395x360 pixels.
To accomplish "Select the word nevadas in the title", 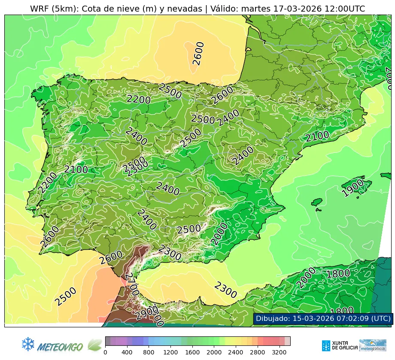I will coord(185,9).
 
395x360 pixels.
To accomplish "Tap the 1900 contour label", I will coord(352,188).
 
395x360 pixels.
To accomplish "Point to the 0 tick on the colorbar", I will coord(105,352).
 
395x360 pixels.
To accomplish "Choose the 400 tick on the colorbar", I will coord(127,352).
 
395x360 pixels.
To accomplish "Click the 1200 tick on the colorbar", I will coord(170,352).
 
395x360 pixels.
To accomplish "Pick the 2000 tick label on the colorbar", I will coord(214,352).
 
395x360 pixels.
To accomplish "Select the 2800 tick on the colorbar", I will coord(258,352).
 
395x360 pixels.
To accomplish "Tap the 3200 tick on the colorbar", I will coord(280,352).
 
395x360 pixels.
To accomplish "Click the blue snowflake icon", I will coord(28,344).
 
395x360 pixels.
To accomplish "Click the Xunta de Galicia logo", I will coord(339,345).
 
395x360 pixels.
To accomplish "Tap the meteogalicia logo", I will coord(372,345).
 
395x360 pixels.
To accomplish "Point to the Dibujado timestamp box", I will coord(323,318).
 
